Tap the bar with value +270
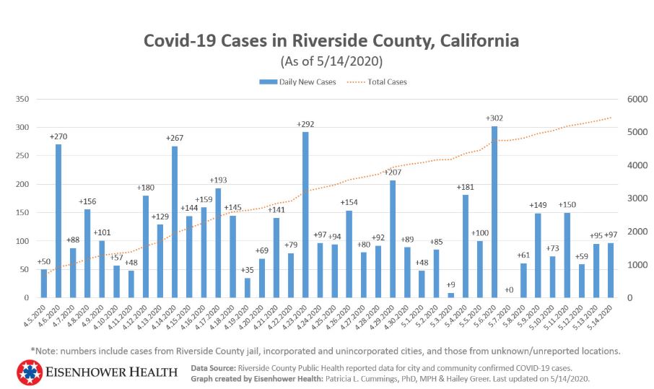tap(58, 221)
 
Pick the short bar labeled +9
tap(451, 294)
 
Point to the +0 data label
tap(510, 289)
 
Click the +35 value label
tap(247, 271)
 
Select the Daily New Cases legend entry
tap(297, 82)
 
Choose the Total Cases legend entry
tap(380, 82)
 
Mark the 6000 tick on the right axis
tap(629, 99)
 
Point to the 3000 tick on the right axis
tap(629, 198)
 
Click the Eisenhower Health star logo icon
tap(29, 372)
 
